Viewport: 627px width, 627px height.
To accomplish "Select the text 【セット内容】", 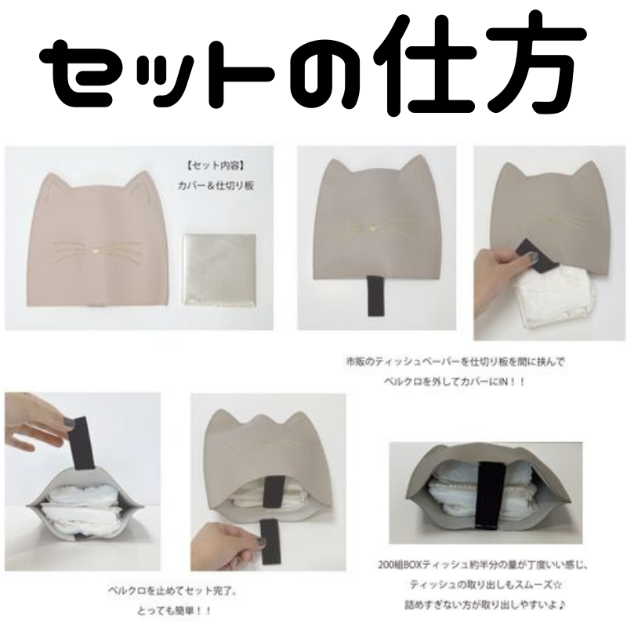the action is point(216,166).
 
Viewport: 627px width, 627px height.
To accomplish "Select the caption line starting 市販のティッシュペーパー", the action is point(456,362).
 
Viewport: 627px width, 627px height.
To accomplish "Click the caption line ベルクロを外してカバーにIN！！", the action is point(455,382).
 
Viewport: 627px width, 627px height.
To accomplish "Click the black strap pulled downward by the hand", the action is point(270,542).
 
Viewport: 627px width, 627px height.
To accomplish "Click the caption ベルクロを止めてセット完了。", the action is point(172,591).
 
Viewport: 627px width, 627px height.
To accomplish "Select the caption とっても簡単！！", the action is point(174,611).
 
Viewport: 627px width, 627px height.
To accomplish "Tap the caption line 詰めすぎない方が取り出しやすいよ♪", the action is point(485,604).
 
